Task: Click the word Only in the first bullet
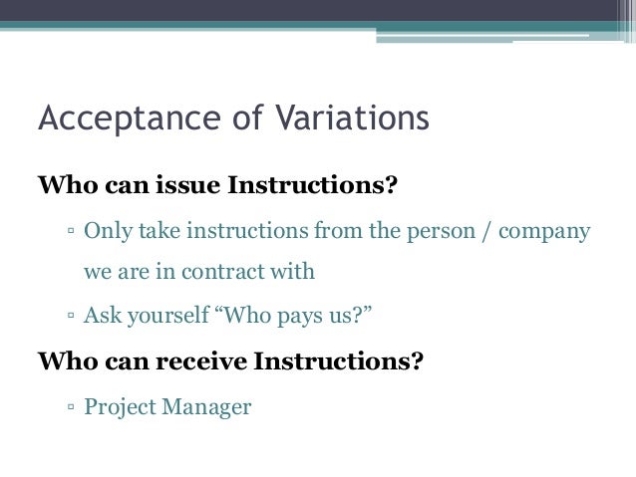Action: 105,232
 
